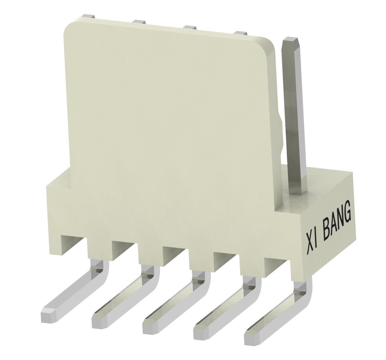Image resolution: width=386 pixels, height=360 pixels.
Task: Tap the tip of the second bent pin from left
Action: pyautogui.click(x=98, y=321)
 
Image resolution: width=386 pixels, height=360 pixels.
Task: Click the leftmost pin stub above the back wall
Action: pyautogui.click(x=88, y=17)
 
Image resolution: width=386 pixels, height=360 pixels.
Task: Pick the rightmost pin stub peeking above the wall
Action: pyautogui.click(x=240, y=33)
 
